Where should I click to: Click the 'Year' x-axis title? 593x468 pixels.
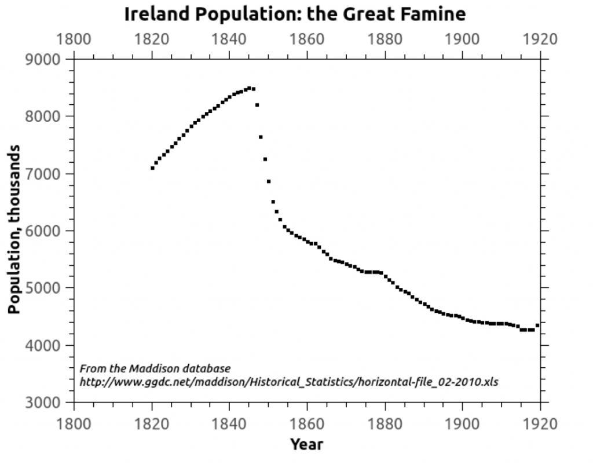coord(306,445)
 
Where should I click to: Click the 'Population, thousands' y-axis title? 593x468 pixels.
coord(14,229)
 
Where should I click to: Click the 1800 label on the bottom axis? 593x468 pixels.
coord(74,423)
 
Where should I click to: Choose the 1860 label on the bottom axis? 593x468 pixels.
coord(307,423)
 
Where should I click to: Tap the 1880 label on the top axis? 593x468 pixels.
coord(385,39)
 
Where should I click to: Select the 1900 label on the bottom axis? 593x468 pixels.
coord(462,423)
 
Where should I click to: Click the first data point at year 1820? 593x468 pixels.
coord(152,168)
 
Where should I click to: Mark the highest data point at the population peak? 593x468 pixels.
coord(249,88)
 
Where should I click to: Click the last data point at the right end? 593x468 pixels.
coord(537,326)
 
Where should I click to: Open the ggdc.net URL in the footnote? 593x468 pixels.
coord(288,382)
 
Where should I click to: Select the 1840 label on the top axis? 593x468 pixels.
coord(229,39)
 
